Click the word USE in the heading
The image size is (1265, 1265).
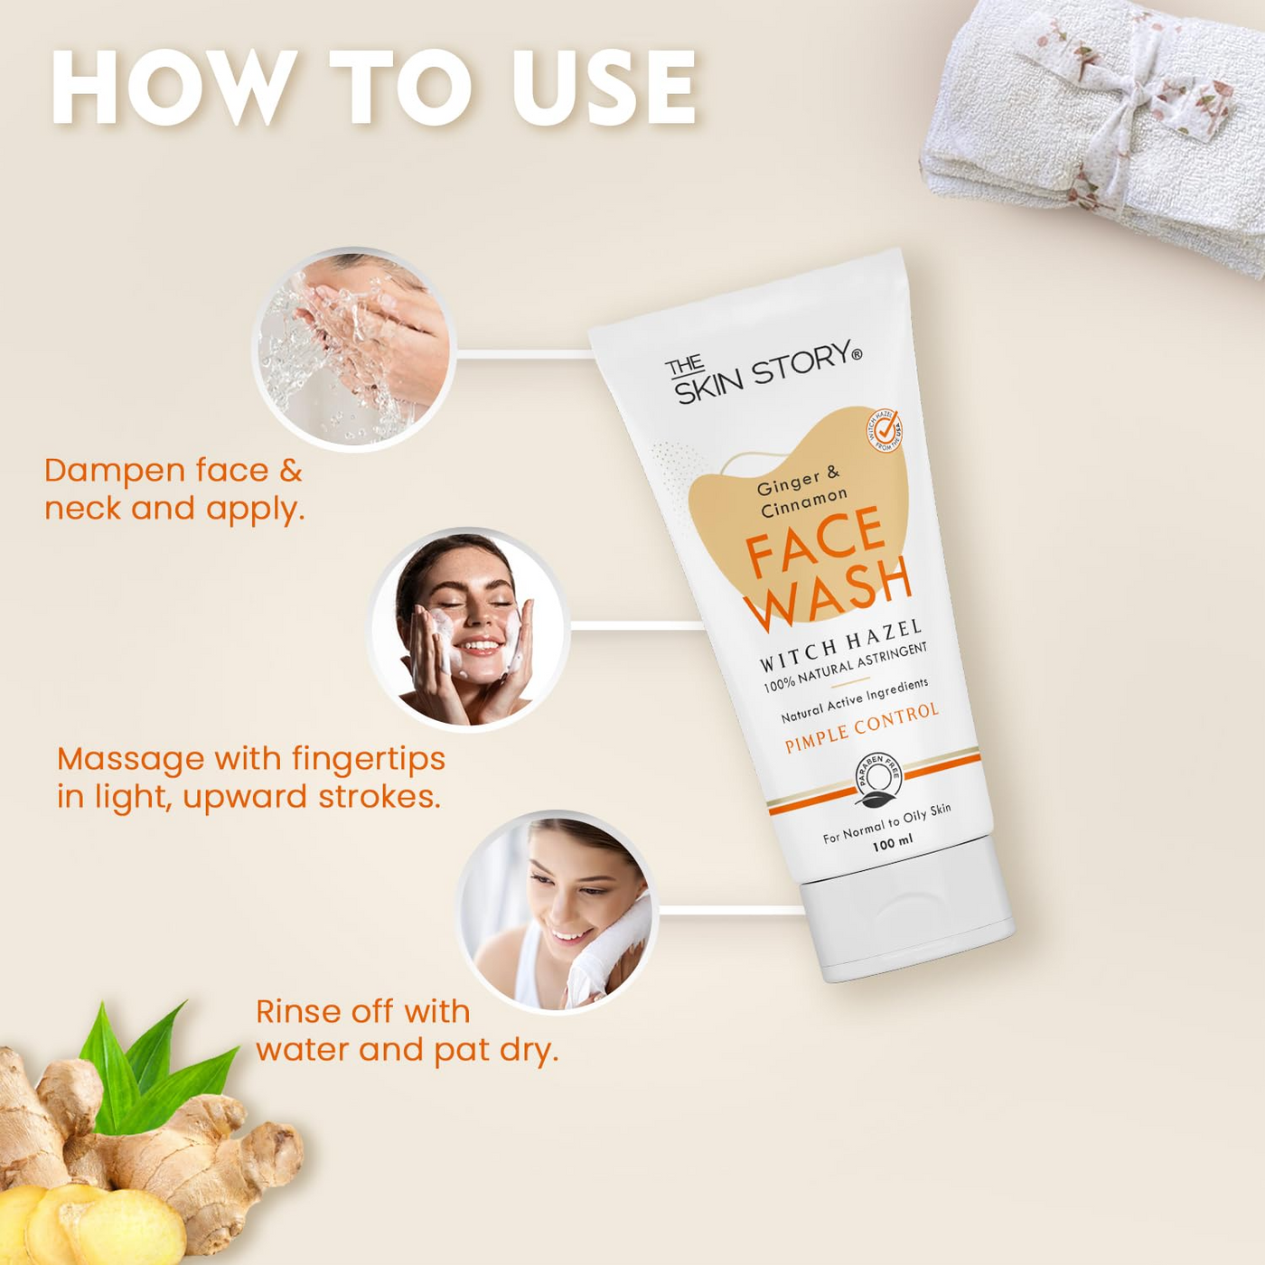(x=604, y=88)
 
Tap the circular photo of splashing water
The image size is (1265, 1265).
(x=352, y=349)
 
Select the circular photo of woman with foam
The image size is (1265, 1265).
(x=468, y=629)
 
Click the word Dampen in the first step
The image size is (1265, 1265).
(x=110, y=471)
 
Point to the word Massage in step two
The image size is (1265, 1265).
(x=130, y=759)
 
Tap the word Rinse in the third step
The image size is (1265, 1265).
(x=298, y=1011)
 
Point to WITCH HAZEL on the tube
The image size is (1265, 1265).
(x=840, y=645)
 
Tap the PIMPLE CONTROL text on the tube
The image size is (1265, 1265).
(x=862, y=727)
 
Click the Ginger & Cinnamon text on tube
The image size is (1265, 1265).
(x=802, y=492)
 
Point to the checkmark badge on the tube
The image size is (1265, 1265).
(x=885, y=429)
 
